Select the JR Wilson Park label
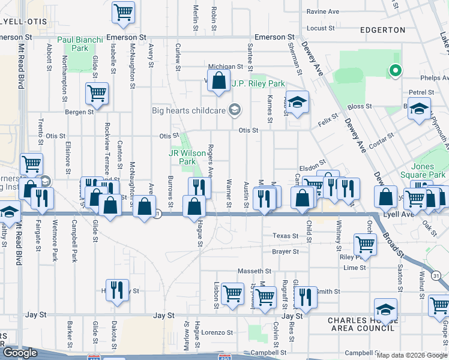click(x=187, y=157)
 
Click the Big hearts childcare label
click(x=188, y=110)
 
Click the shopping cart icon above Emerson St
click(x=123, y=11)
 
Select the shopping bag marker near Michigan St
click(x=219, y=80)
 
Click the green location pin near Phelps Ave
click(x=394, y=71)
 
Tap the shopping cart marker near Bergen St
click(x=97, y=93)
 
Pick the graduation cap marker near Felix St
click(x=297, y=102)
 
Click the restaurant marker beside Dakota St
click(x=117, y=290)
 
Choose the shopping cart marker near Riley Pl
click(x=365, y=244)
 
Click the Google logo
click(x=20, y=353)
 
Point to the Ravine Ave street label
click(x=323, y=11)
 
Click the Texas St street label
click(x=285, y=236)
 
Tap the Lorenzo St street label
click(x=217, y=332)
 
